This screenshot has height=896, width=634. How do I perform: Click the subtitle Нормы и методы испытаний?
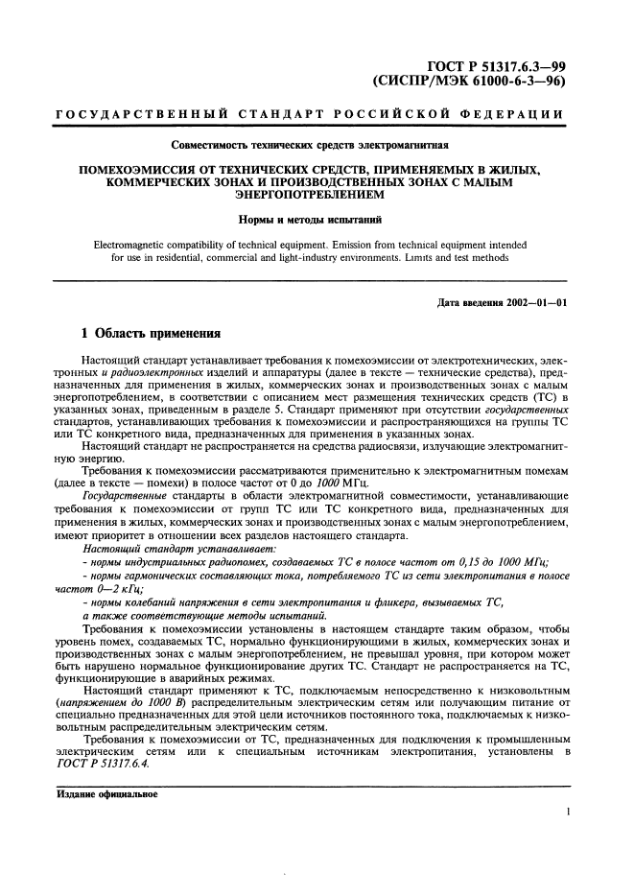coord(310,220)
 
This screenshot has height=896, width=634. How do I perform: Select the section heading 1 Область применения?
coord(151,335)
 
